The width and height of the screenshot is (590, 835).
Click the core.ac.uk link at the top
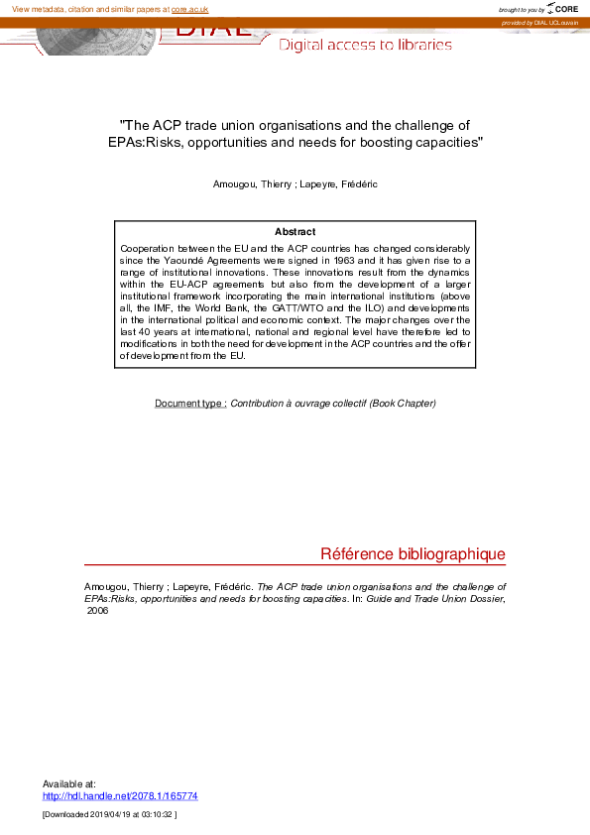point(189,9)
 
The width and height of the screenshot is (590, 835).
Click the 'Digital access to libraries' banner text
point(365,45)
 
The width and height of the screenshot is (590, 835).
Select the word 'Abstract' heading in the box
point(295,231)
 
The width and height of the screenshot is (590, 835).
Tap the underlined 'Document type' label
point(190,404)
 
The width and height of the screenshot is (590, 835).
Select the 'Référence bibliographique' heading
point(413,553)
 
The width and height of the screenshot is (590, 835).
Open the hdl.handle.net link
point(120,795)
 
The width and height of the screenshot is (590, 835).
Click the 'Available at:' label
point(69,783)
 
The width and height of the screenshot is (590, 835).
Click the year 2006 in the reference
point(97,611)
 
